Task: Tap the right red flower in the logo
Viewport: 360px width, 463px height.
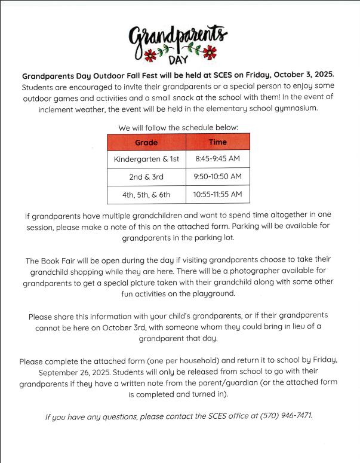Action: click(x=210, y=53)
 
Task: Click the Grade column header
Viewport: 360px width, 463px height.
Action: click(x=146, y=142)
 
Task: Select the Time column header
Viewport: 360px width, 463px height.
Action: click(x=218, y=142)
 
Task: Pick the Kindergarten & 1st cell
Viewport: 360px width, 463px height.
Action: click(x=146, y=160)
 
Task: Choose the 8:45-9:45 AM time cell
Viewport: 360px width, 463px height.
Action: click(x=218, y=160)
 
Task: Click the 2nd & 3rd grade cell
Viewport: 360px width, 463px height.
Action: click(x=146, y=177)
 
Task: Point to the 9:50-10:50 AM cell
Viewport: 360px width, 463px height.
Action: click(x=218, y=177)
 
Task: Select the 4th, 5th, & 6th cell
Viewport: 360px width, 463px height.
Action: click(x=146, y=195)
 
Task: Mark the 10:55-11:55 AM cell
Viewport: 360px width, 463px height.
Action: click(x=218, y=195)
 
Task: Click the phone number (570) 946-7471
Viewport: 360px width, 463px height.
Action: click(x=287, y=415)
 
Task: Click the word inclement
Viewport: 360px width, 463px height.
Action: click(x=59, y=109)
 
